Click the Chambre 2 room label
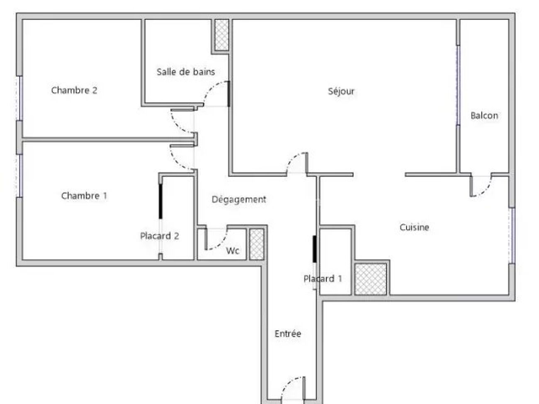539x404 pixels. pos(74,90)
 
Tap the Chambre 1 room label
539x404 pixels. pos(84,196)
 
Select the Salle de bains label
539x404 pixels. pos(186,72)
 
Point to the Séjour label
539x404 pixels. pos(341,92)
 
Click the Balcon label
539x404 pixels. pos(484,116)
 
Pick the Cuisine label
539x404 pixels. pos(414,227)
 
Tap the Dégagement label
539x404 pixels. pos(239,200)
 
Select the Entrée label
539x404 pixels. pos(288,334)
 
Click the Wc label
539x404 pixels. pos(232,251)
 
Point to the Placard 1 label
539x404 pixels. pos(323,278)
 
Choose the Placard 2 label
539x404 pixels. pos(160,236)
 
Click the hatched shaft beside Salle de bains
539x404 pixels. pos(221,35)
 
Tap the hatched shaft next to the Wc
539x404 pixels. pos(257,244)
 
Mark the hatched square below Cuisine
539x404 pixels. pos(371,279)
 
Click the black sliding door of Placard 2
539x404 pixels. pos(160,201)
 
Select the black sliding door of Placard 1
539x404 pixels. pos(315,249)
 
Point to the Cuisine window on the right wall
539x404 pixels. pos(512,236)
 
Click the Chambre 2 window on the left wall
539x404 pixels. pos(19,98)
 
